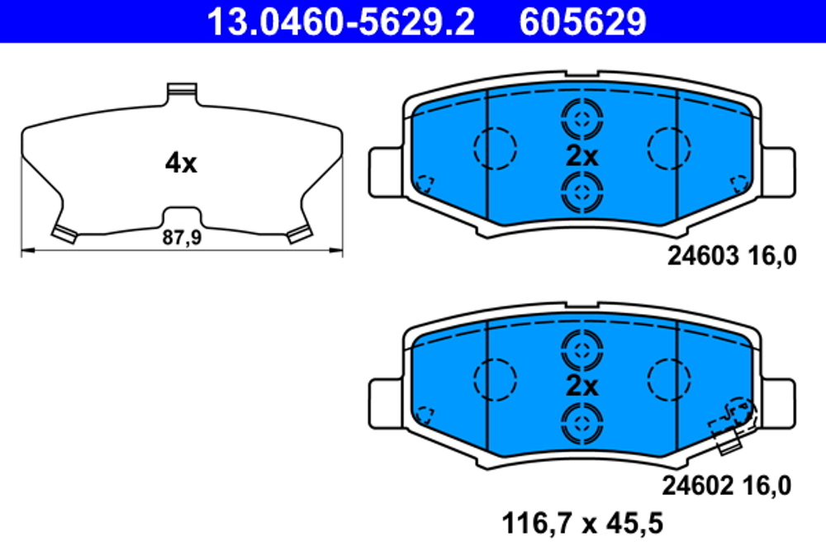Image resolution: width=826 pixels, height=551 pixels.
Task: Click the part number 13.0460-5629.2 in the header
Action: [x=339, y=22]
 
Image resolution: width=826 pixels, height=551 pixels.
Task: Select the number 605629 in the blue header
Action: [x=582, y=22]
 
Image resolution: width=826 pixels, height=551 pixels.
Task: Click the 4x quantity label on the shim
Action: [x=181, y=164]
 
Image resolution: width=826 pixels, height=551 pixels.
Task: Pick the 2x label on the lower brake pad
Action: [x=582, y=386]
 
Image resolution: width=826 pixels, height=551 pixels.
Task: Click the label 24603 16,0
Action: [x=732, y=257]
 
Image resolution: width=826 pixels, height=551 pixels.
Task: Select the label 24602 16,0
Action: [x=726, y=486]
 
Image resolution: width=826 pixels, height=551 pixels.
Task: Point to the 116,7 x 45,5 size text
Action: [x=583, y=523]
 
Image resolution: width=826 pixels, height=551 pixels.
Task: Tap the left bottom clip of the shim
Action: [x=64, y=233]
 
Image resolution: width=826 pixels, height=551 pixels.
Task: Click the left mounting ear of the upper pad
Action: [x=385, y=171]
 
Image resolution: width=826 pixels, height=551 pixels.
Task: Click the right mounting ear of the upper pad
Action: [x=778, y=171]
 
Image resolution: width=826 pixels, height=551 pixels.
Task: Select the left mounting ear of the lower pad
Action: [x=385, y=401]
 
